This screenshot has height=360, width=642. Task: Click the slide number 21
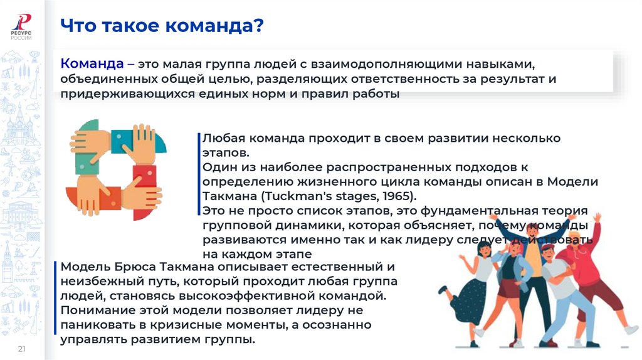(21, 349)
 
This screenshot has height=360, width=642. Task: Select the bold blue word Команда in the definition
(92, 64)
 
